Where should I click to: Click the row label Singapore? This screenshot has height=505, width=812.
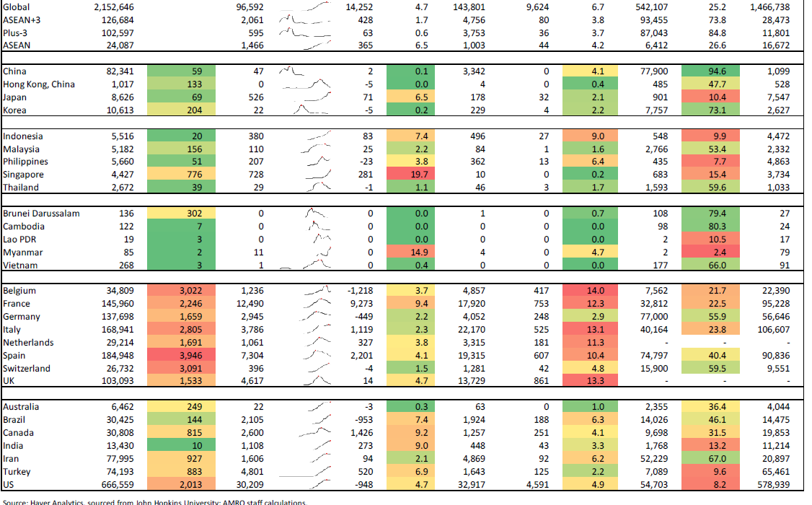[23, 175]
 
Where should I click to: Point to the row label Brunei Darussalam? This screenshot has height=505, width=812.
[41, 214]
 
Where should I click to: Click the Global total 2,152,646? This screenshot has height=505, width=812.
[113, 6]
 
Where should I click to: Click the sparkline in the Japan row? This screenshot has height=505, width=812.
[306, 97]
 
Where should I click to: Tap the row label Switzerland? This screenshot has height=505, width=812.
[27, 369]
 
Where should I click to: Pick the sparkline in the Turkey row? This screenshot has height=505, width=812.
[306, 472]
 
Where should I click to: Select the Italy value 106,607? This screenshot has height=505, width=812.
[771, 330]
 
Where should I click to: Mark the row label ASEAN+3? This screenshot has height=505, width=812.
[22, 19]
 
